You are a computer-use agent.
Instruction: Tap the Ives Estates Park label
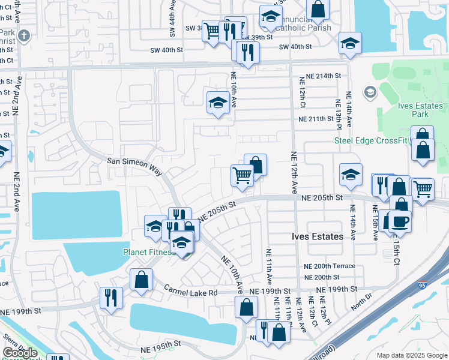coord(421,109)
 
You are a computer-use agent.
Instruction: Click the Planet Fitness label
coord(147,253)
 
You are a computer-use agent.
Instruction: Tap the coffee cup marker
coord(400,221)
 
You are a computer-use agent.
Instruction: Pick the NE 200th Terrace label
coord(330,266)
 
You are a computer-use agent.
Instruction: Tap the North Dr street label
coord(362,296)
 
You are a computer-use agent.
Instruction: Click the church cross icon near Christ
coord(23,35)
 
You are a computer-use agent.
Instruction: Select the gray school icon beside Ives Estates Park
coord(369,92)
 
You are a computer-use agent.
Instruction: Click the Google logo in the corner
coord(20,353)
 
